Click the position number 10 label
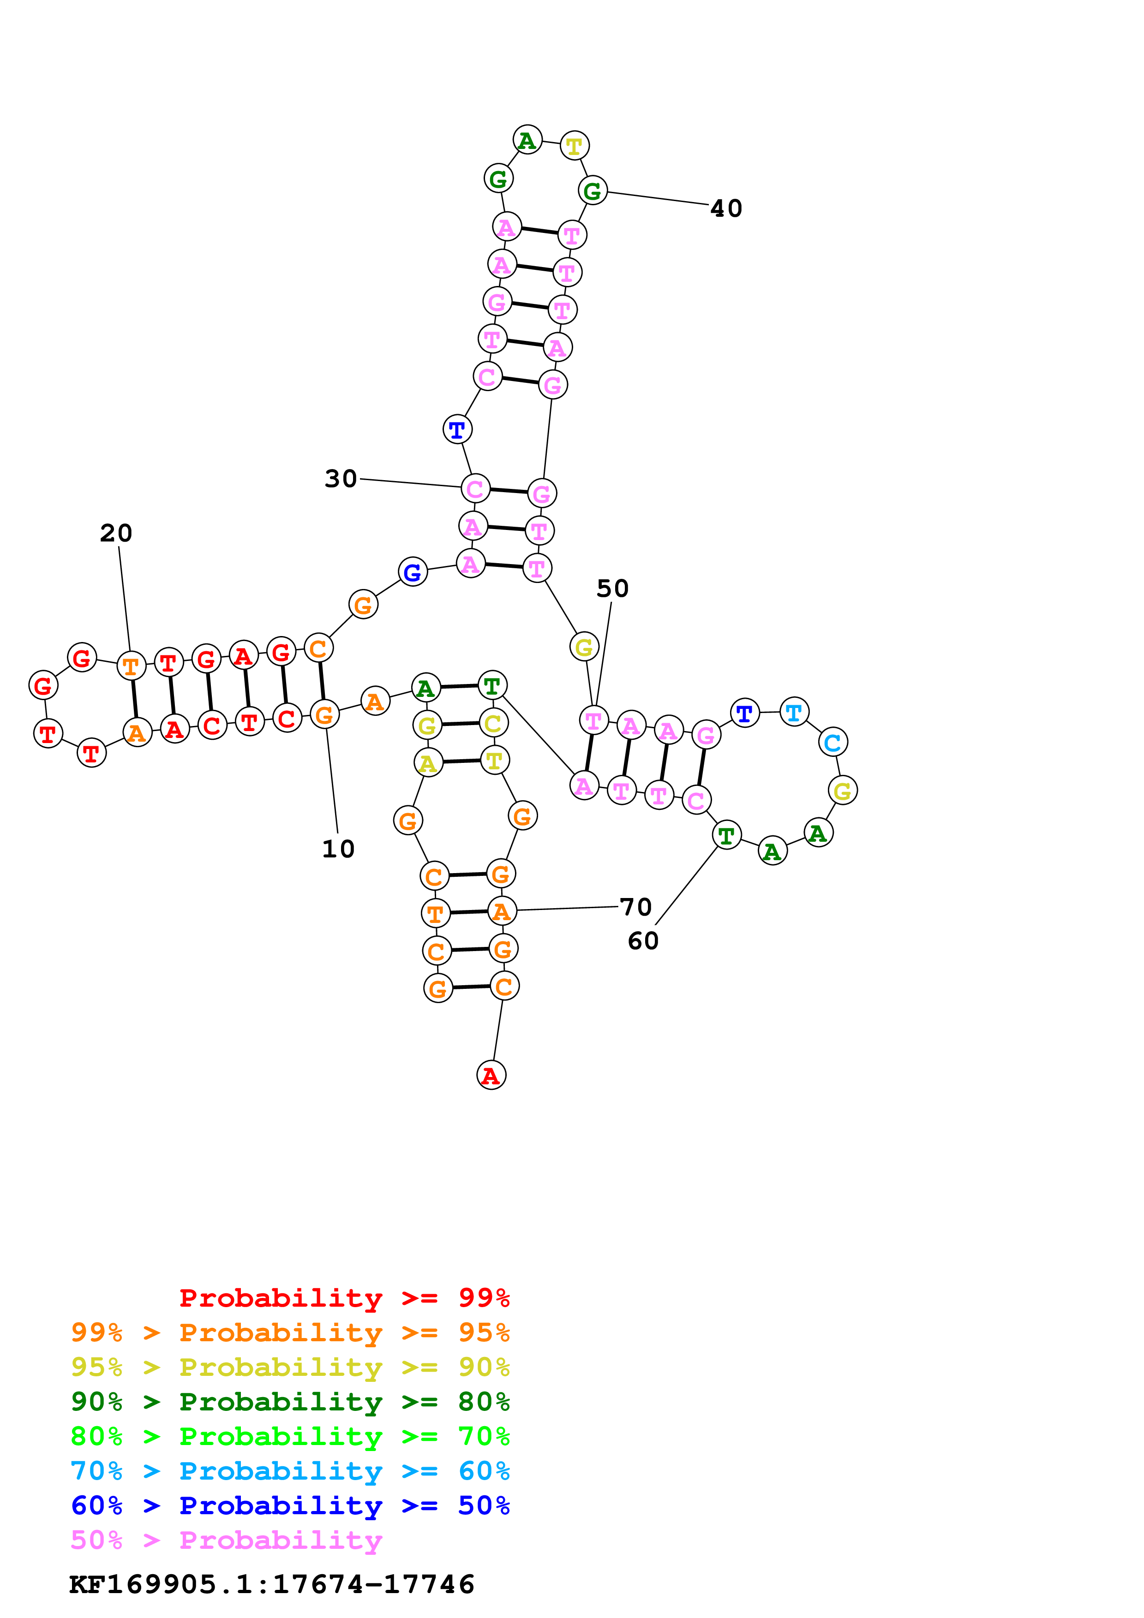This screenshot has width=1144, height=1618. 338,849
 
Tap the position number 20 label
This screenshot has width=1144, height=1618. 116,534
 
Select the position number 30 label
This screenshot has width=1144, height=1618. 341,479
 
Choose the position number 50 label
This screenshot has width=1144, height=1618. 612,589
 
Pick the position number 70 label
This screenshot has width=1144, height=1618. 636,908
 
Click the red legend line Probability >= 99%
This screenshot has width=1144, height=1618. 344,1298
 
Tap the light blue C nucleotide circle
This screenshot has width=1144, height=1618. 833,742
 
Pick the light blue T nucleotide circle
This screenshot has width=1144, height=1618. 794,713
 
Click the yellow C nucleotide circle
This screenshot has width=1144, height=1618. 493,723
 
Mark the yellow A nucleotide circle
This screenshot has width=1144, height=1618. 428,763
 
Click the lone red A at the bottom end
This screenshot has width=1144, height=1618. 491,1076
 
